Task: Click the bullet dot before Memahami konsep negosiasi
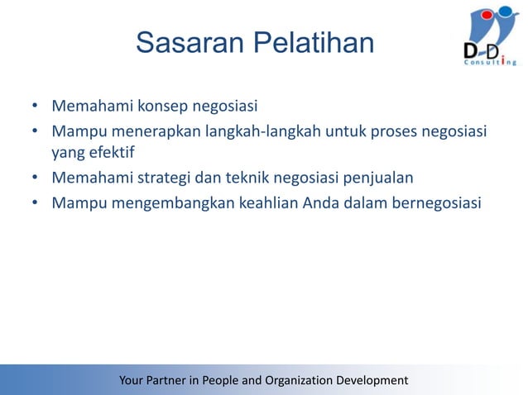click(36, 107)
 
